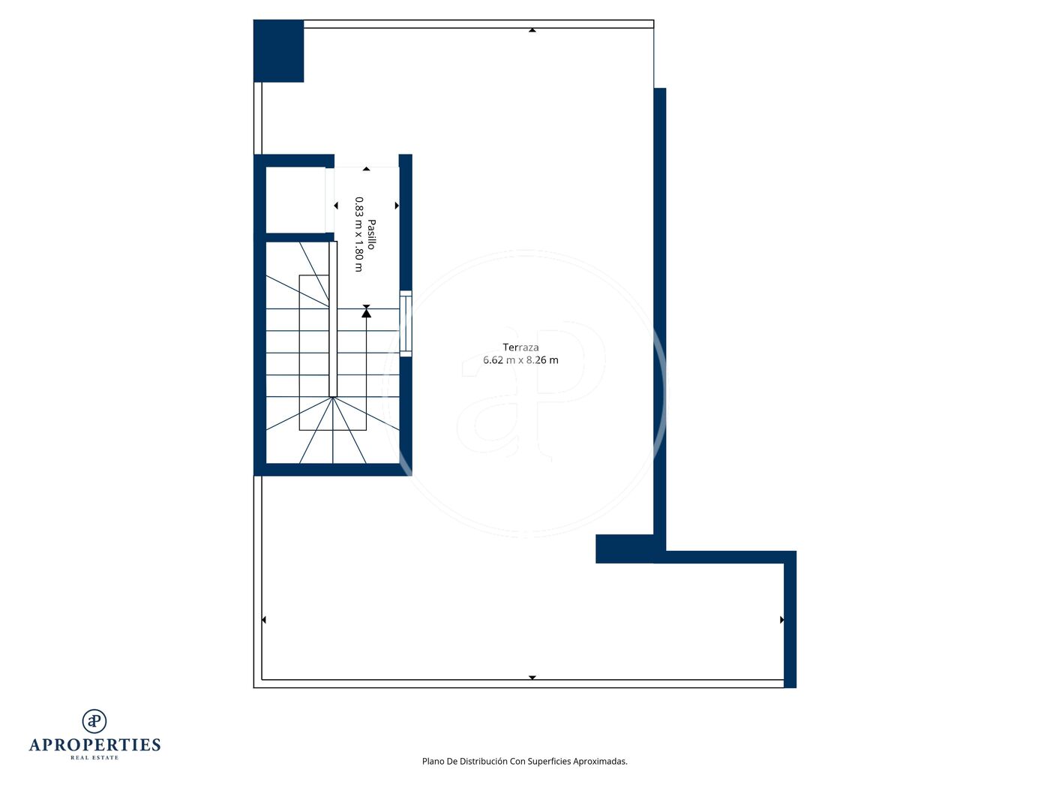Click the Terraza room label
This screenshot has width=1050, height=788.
520,347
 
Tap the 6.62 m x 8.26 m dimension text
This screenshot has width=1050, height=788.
520,359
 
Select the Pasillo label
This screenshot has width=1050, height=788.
372,234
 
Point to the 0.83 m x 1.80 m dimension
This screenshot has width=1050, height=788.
358,234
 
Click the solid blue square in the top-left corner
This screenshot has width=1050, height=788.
278,51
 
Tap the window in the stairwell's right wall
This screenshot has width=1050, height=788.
405,323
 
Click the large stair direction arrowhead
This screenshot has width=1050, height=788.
366,313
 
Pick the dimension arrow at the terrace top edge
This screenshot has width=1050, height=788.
532,30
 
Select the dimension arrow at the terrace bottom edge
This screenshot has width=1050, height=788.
532,678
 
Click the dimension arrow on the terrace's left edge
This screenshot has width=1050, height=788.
263,620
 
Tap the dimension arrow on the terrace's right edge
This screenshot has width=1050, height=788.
781,620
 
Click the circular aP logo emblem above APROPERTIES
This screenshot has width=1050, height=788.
94,721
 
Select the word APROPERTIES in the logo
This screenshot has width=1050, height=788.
94,745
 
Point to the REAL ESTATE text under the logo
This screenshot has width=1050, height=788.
94,758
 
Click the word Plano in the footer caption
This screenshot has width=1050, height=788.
433,761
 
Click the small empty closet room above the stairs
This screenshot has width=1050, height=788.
295,200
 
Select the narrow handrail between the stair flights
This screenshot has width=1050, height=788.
333,319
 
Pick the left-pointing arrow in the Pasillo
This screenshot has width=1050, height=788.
336,205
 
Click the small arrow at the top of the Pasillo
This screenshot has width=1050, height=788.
366,169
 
